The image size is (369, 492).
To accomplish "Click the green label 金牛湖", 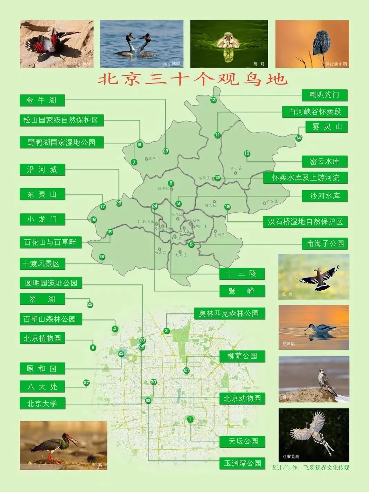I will pos(42,100).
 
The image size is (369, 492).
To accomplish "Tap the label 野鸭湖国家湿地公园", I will pos(61,142).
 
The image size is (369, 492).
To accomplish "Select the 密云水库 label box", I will pos(324,162).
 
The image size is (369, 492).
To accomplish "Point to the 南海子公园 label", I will pos(325,243).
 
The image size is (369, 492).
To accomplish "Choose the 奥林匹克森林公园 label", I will pos(229,313).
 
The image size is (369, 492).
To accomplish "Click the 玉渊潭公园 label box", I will pos(242,463).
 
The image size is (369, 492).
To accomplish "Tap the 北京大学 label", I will pos(42,403).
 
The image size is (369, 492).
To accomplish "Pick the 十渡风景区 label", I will pos(42,264).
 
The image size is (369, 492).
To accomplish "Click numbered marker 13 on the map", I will pos(213,100).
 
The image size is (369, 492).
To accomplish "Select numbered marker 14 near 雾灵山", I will pos(299,138).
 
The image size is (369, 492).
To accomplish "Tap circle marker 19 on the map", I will pos(227,207).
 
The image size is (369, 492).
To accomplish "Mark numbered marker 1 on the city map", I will pos(190,419).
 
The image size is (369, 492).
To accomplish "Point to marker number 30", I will pos(154,382).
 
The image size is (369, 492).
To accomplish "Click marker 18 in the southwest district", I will pos(102,257).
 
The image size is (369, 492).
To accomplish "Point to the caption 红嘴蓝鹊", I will pos(291,456).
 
